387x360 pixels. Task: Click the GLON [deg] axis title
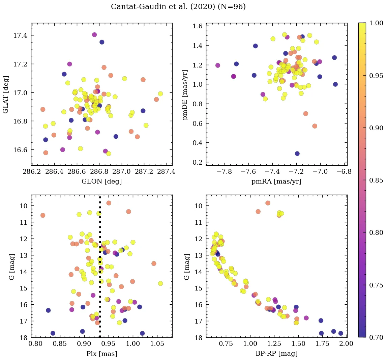[102, 182]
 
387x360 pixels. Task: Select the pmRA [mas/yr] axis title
[276, 182]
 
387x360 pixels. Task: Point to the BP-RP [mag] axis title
[276, 354]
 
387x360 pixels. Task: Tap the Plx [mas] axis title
[102, 354]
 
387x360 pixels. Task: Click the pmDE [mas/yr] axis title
[185, 94]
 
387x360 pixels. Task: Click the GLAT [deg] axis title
[6, 94]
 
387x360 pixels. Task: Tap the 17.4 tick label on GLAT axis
[20, 36]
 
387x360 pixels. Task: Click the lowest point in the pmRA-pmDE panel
[297, 154]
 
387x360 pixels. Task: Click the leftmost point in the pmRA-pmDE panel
[217, 65]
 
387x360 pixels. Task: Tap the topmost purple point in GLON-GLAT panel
[94, 35]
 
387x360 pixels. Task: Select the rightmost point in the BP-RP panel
[340, 333]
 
